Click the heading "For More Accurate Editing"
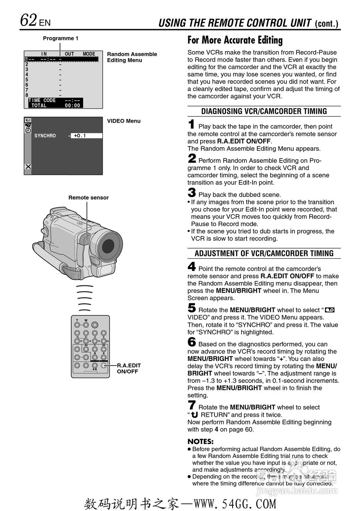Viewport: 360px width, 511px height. click(x=235, y=40)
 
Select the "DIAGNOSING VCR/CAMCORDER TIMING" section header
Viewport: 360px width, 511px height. click(x=264, y=111)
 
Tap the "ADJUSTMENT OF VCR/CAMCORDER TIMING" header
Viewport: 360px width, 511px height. click(x=264, y=254)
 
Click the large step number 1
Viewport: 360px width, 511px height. click(x=192, y=125)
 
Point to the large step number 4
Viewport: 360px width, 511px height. click(x=192, y=266)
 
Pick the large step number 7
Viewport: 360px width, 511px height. click(x=192, y=405)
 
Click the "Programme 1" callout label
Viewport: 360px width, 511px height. click(x=61, y=38)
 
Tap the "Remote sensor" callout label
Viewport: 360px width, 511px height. click(x=88, y=198)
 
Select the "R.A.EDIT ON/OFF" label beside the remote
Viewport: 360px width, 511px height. click(x=129, y=368)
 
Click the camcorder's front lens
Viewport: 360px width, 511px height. click(x=108, y=246)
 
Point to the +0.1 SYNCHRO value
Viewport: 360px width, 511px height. click(x=80, y=136)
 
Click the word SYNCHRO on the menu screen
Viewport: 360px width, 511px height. click(x=45, y=136)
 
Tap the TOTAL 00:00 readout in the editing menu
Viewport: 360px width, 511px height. click(x=56, y=106)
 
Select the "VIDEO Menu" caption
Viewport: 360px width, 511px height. click(x=124, y=121)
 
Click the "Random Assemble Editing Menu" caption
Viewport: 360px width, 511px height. click(x=132, y=57)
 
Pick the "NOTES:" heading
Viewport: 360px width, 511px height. click(x=201, y=442)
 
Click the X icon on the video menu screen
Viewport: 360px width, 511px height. click(x=28, y=166)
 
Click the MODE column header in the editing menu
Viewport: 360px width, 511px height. click(x=89, y=54)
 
